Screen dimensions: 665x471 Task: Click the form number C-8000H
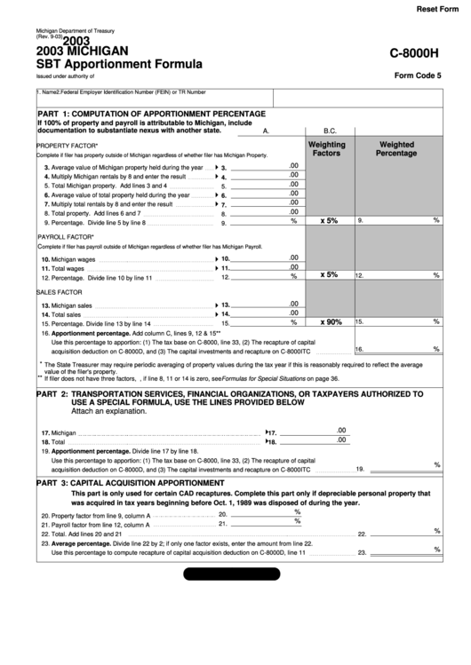[x=416, y=54]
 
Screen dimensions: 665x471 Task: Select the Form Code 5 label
[x=418, y=75]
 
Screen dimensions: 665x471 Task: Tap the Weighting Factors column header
[x=327, y=148]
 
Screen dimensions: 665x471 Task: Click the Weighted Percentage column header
[x=396, y=148]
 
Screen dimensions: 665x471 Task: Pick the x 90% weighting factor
[x=331, y=321]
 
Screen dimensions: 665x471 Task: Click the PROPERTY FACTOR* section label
[x=68, y=145]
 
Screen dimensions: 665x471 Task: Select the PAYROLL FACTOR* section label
[x=67, y=238]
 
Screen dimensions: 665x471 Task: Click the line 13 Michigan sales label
[x=67, y=305]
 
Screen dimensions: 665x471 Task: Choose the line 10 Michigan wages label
[x=68, y=258]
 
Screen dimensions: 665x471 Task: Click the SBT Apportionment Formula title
[x=119, y=64]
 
